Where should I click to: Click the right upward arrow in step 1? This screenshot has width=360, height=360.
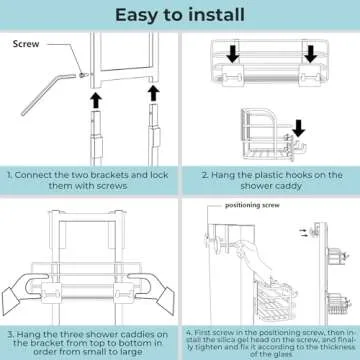click(152, 101)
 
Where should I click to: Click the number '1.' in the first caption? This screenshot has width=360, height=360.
click(13, 175)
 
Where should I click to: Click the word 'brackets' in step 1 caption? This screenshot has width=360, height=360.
click(109, 175)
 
